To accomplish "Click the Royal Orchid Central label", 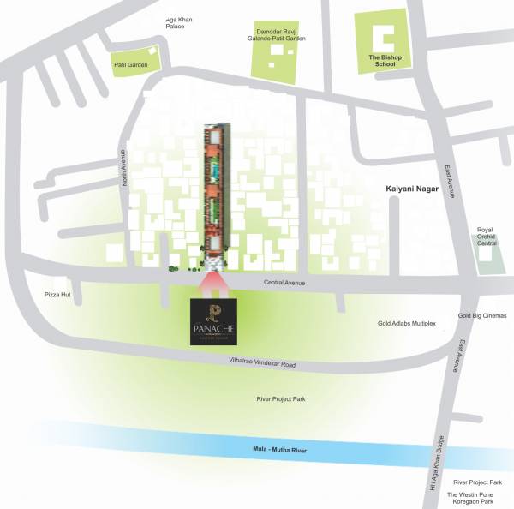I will (x=487, y=237).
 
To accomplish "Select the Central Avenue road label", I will (x=284, y=283).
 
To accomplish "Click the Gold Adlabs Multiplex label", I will (x=407, y=324).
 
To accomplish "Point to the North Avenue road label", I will (x=124, y=168).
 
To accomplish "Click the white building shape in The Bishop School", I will (x=384, y=38).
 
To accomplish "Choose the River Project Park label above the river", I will (x=281, y=399).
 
